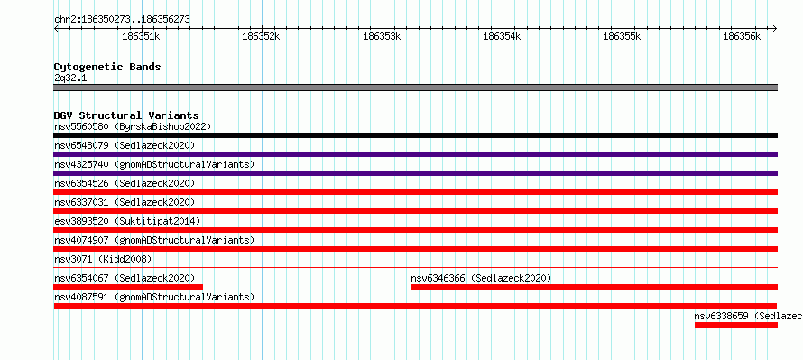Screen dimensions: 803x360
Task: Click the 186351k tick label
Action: [142, 36]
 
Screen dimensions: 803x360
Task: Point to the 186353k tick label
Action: [382, 36]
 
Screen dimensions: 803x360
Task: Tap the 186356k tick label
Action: [742, 36]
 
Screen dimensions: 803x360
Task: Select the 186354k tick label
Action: [502, 36]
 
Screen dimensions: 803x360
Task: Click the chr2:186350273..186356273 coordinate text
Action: [122, 20]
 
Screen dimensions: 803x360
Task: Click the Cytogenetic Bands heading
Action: [107, 67]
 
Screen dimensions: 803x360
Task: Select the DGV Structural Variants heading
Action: [126, 115]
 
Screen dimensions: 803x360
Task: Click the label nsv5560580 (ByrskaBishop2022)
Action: [133, 126]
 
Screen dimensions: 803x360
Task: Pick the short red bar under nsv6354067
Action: [128, 287]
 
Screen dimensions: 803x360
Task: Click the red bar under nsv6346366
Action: [595, 287]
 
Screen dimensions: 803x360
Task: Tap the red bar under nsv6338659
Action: [736, 325]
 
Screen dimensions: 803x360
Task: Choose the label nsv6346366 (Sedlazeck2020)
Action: [481, 278]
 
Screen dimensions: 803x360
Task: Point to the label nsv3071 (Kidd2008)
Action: [103, 259]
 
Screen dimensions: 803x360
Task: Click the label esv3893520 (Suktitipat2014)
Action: [127, 221]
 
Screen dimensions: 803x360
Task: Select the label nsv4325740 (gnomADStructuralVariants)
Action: [154, 164]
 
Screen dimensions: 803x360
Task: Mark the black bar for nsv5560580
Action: [416, 135]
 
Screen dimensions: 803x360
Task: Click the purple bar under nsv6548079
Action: [416, 154]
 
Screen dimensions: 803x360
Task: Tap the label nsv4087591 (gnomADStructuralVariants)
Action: [154, 297]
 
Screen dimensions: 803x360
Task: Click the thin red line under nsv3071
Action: [416, 267]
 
